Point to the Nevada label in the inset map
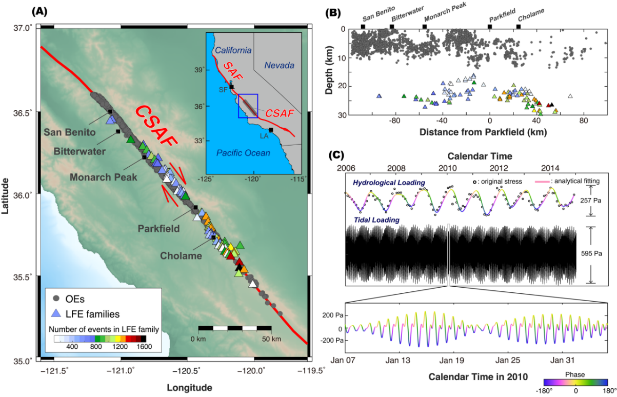[279, 65]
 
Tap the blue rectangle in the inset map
[248, 106]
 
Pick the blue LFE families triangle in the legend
[57, 313]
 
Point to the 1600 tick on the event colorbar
[144, 347]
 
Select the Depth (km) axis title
[330, 72]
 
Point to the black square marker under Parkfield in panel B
[490, 26]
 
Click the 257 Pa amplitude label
[597, 200]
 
